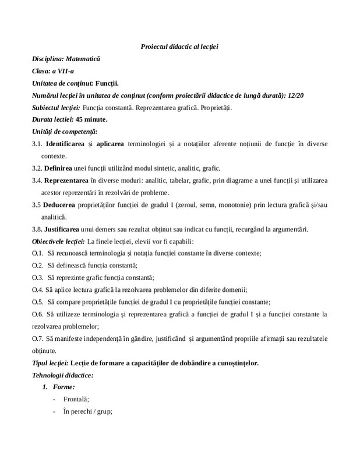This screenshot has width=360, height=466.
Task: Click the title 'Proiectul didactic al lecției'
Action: [x=179, y=47]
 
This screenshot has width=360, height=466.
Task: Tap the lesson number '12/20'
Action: [x=312, y=96]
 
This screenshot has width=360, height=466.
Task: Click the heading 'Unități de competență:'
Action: [x=64, y=132]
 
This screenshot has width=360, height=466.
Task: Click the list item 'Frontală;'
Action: [x=76, y=399]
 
